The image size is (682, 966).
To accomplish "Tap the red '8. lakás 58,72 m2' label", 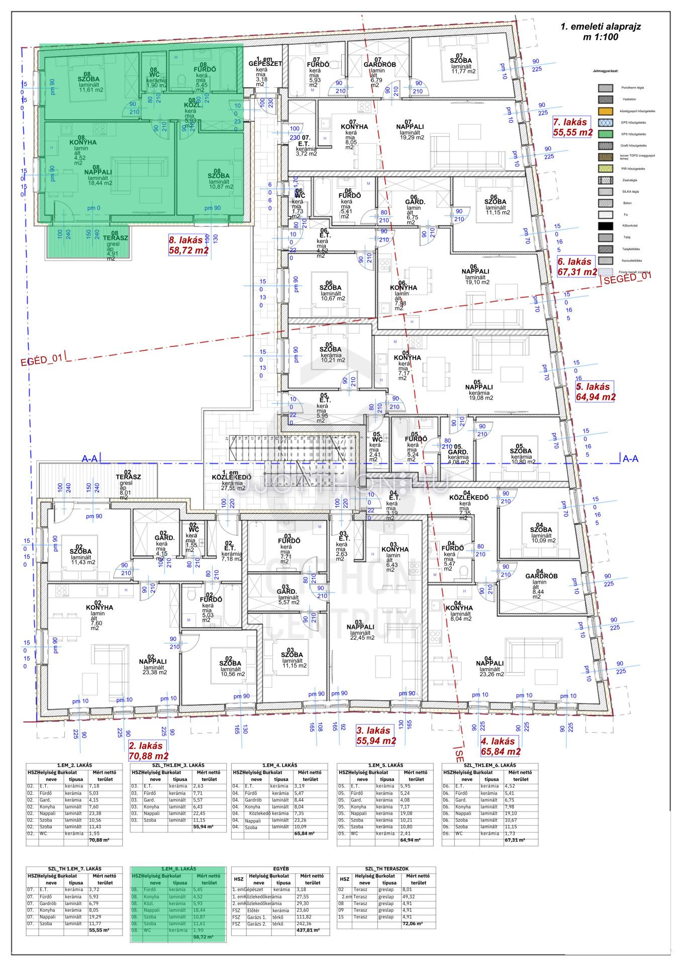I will click(x=188, y=246).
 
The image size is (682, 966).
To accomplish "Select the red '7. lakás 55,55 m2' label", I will click(x=572, y=127).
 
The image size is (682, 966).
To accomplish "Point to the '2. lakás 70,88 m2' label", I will click(x=149, y=751).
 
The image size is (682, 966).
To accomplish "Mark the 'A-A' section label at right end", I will click(x=630, y=459).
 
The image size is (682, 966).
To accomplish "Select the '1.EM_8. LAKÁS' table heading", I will click(x=179, y=869).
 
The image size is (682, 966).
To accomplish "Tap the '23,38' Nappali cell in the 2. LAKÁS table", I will click(x=94, y=813).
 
